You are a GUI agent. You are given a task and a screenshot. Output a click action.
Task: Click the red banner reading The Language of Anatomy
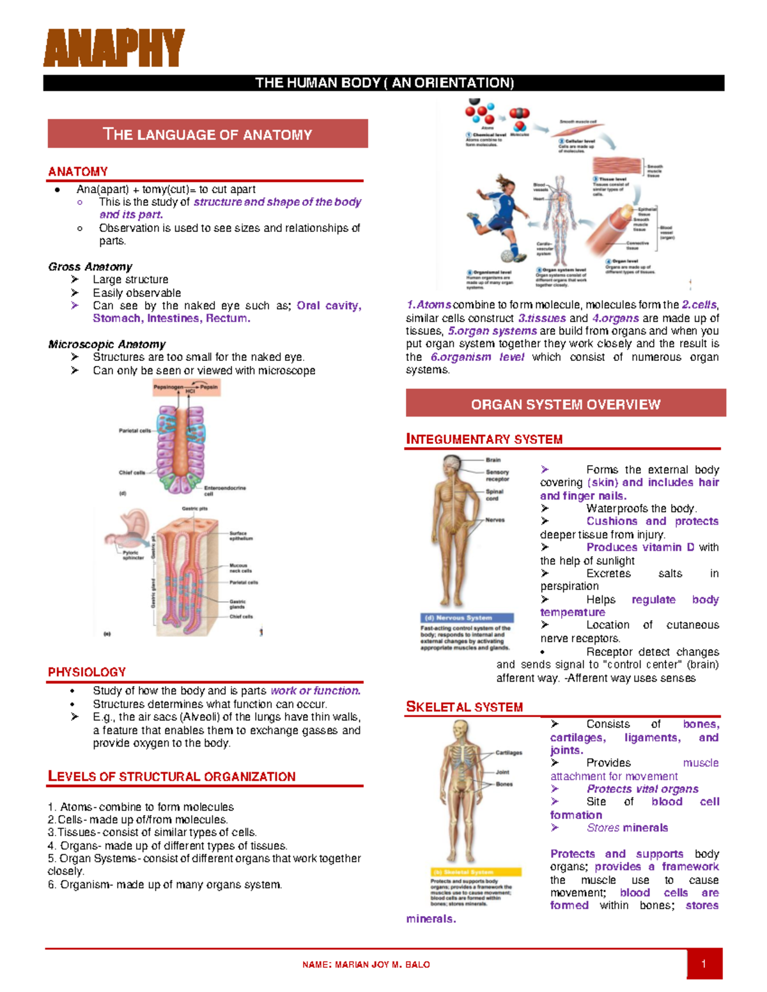click(x=208, y=134)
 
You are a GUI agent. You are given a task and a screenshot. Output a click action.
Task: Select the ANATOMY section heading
click(x=78, y=171)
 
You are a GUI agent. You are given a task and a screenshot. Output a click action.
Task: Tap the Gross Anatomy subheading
click(x=90, y=266)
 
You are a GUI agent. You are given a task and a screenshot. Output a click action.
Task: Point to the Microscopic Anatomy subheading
click(x=107, y=344)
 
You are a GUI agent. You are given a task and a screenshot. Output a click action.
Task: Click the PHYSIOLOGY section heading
click(x=87, y=672)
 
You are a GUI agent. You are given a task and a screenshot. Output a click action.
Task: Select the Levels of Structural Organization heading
click(x=171, y=776)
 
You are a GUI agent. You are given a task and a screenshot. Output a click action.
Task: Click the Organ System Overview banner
click(x=565, y=404)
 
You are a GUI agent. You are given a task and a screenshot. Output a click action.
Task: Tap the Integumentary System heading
click(x=484, y=439)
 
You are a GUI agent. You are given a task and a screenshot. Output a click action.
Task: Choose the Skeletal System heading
click(x=465, y=706)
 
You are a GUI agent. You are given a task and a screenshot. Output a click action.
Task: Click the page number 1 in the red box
click(x=704, y=964)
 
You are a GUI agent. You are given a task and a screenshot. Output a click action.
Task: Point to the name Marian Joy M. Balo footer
click(x=366, y=965)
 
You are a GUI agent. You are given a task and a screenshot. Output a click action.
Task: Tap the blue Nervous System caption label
click(x=467, y=618)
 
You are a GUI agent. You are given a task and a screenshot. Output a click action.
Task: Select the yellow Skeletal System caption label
click(x=476, y=872)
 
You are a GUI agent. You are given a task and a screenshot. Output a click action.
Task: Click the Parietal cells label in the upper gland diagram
click(x=134, y=431)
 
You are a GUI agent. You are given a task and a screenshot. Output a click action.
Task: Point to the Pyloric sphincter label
click(x=134, y=554)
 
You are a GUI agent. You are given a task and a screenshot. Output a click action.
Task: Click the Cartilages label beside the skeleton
click(x=509, y=752)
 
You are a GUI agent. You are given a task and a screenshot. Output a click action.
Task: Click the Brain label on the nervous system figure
click(x=493, y=460)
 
